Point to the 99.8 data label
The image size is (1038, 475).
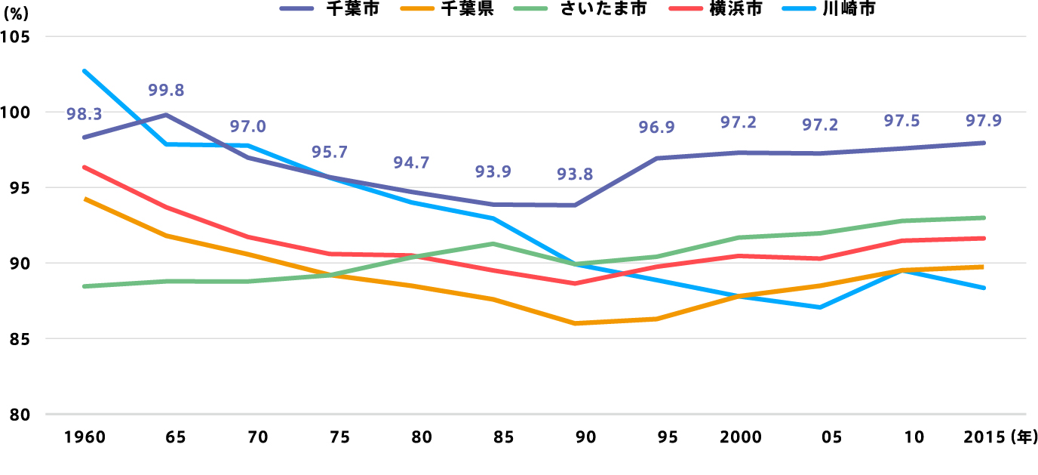coord(166,91)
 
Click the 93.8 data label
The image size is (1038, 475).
coord(575,174)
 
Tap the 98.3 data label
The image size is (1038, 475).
coord(84,115)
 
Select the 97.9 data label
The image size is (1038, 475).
coord(984,121)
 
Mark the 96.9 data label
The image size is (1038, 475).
coord(657,128)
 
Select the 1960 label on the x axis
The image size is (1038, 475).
coord(84,437)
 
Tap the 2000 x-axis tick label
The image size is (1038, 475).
coord(740,437)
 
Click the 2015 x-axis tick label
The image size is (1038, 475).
coord(983,437)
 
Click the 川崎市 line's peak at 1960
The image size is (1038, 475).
coord(84,71)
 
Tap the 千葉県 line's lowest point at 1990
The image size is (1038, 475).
coord(575,323)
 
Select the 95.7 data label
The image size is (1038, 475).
coord(330,152)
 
